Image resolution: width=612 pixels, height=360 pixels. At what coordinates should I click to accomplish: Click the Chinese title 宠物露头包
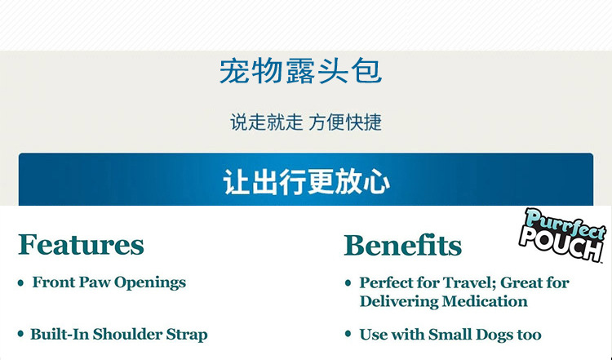coord(300,72)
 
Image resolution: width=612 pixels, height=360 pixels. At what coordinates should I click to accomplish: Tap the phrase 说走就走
coord(266,122)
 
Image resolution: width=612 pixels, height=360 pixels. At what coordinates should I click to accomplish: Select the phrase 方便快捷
coord(345,122)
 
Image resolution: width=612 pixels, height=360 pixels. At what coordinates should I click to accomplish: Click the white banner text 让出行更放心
coord(306,182)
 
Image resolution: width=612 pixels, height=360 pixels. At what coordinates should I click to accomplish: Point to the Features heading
coord(81,245)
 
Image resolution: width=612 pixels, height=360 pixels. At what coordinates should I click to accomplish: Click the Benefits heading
coord(402,245)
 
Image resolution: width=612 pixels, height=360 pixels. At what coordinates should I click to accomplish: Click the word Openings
coord(150,283)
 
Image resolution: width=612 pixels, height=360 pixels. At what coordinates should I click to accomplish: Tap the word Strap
coord(187,335)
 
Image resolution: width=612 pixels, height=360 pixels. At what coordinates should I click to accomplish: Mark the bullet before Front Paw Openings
coord(20,283)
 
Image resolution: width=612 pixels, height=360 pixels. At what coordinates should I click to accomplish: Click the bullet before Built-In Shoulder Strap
coord(20,334)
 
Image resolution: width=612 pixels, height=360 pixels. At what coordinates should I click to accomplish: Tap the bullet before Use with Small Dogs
coord(348,334)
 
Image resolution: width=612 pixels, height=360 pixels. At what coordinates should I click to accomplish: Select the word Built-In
coord(60,334)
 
